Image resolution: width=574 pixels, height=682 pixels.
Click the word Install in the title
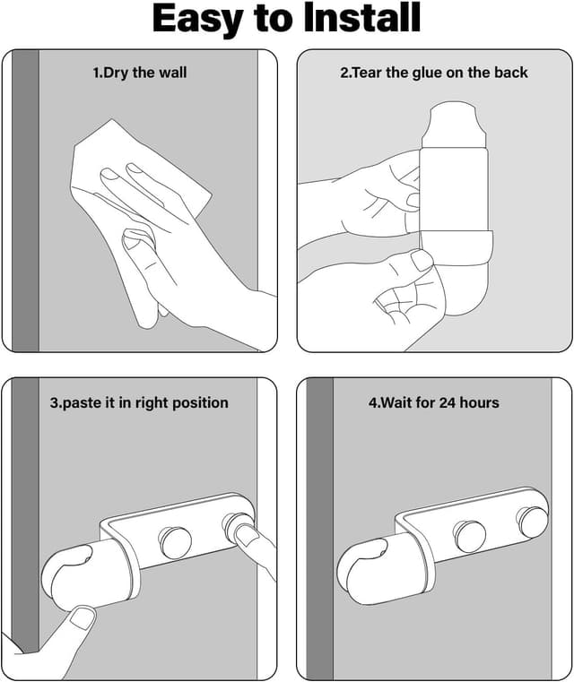(x=362, y=18)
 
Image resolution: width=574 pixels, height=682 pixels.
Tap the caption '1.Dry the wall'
(x=140, y=73)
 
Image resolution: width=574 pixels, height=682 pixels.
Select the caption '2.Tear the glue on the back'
(x=434, y=73)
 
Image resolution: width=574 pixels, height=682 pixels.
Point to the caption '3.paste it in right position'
(x=139, y=402)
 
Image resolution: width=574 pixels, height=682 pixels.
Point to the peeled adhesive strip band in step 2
(x=457, y=247)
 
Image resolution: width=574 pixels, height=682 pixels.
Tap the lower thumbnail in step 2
(x=422, y=260)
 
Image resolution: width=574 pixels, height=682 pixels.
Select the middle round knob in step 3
(x=174, y=542)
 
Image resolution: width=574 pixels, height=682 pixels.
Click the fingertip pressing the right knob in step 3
(x=246, y=534)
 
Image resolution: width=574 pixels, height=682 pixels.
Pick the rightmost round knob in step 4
(x=532, y=521)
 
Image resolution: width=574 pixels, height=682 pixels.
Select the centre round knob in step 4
(x=469, y=536)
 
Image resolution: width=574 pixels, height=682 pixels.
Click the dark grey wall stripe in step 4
(x=320, y=528)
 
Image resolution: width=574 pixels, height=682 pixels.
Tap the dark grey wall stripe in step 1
(x=26, y=200)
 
